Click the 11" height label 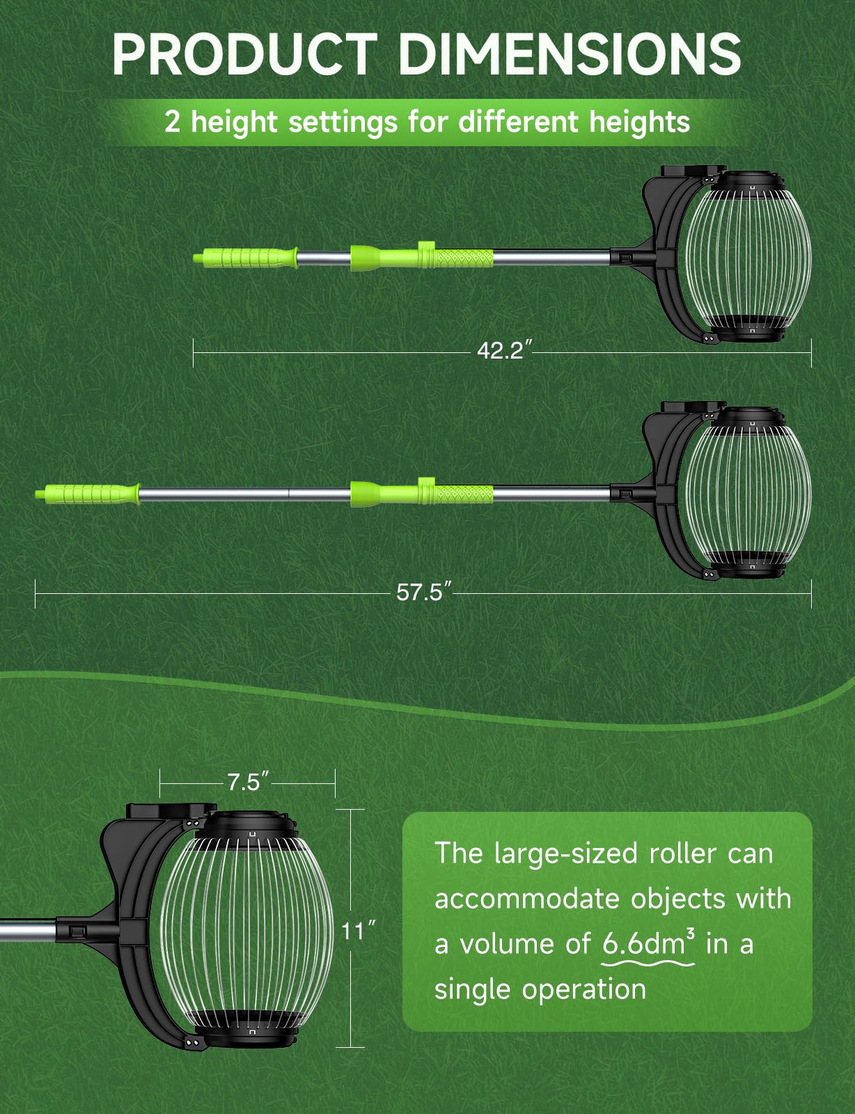[x=357, y=930]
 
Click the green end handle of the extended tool [x=88, y=494]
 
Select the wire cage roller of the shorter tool [x=748, y=256]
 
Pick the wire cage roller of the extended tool [x=748, y=493]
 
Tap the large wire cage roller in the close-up [x=248, y=929]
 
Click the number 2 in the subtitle [x=172, y=123]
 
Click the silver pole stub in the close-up [x=28, y=930]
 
